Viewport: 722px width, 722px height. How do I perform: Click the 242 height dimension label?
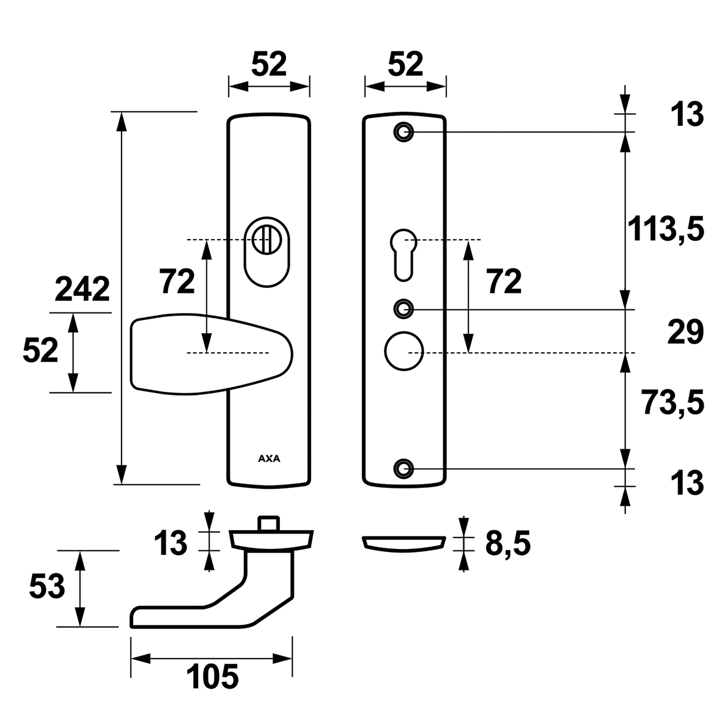point(83,290)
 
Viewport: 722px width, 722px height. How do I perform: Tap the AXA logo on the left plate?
point(269,459)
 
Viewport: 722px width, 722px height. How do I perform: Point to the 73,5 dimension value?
point(673,402)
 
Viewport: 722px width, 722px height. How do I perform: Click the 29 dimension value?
point(685,332)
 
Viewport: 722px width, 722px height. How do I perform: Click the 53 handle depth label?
point(47,587)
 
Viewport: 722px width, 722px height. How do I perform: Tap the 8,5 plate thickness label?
point(508,543)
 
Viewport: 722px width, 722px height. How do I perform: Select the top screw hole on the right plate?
point(404,132)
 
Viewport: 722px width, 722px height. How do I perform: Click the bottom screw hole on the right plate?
point(404,469)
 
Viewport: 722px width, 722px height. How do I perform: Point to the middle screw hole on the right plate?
point(404,309)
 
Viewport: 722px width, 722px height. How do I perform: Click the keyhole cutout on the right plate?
point(403,254)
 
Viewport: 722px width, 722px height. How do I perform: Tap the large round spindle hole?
point(404,351)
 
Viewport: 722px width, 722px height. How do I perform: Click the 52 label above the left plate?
point(269,64)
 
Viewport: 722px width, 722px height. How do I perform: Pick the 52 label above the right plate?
point(405,64)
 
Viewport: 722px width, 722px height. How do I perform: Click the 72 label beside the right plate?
point(504,281)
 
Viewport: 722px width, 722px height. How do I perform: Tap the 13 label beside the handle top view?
point(171,542)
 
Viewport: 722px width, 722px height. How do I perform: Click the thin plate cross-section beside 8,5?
point(404,543)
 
